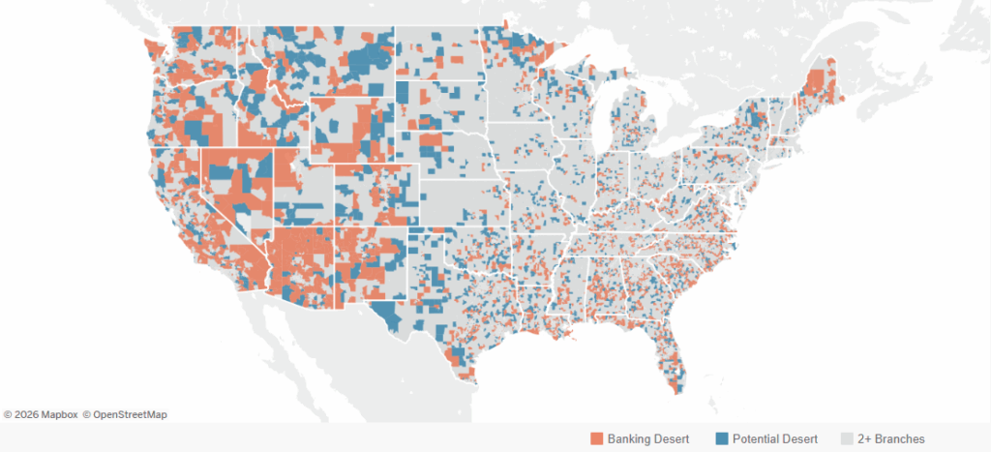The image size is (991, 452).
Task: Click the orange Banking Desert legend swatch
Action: tap(597, 438)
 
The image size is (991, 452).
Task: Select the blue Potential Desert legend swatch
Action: tap(720, 438)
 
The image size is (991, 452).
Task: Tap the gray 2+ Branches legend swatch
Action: tap(846, 438)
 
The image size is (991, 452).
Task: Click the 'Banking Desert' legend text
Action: tap(647, 438)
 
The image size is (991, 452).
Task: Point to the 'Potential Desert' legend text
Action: tap(774, 438)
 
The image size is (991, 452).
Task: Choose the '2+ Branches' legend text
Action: tap(890, 438)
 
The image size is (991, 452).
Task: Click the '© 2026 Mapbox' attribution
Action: tap(40, 414)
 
